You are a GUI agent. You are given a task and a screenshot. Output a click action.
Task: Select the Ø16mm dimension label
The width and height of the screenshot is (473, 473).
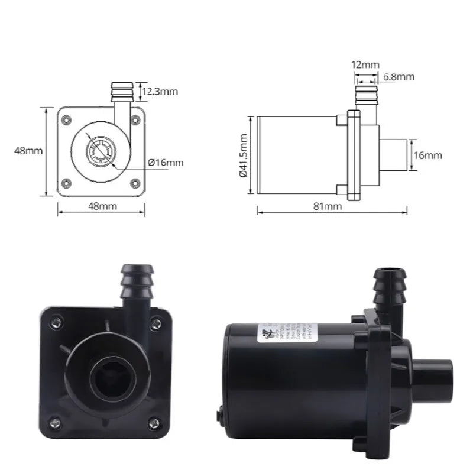click(166, 162)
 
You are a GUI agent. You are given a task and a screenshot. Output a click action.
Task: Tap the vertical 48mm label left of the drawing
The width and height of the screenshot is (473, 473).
click(28, 151)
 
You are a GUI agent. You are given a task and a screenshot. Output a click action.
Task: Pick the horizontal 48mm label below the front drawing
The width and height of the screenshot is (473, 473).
click(102, 206)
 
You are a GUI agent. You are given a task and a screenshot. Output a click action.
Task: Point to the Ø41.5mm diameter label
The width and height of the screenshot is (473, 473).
click(243, 155)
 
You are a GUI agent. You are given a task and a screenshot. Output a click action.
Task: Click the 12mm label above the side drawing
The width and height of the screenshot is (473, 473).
click(365, 64)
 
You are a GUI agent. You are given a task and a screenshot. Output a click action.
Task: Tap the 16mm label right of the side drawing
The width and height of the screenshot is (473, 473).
click(427, 155)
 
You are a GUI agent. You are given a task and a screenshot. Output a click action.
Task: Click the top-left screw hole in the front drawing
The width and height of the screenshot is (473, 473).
click(67, 119)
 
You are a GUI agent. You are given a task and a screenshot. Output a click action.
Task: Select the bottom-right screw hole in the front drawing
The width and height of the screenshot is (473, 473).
click(135, 183)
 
